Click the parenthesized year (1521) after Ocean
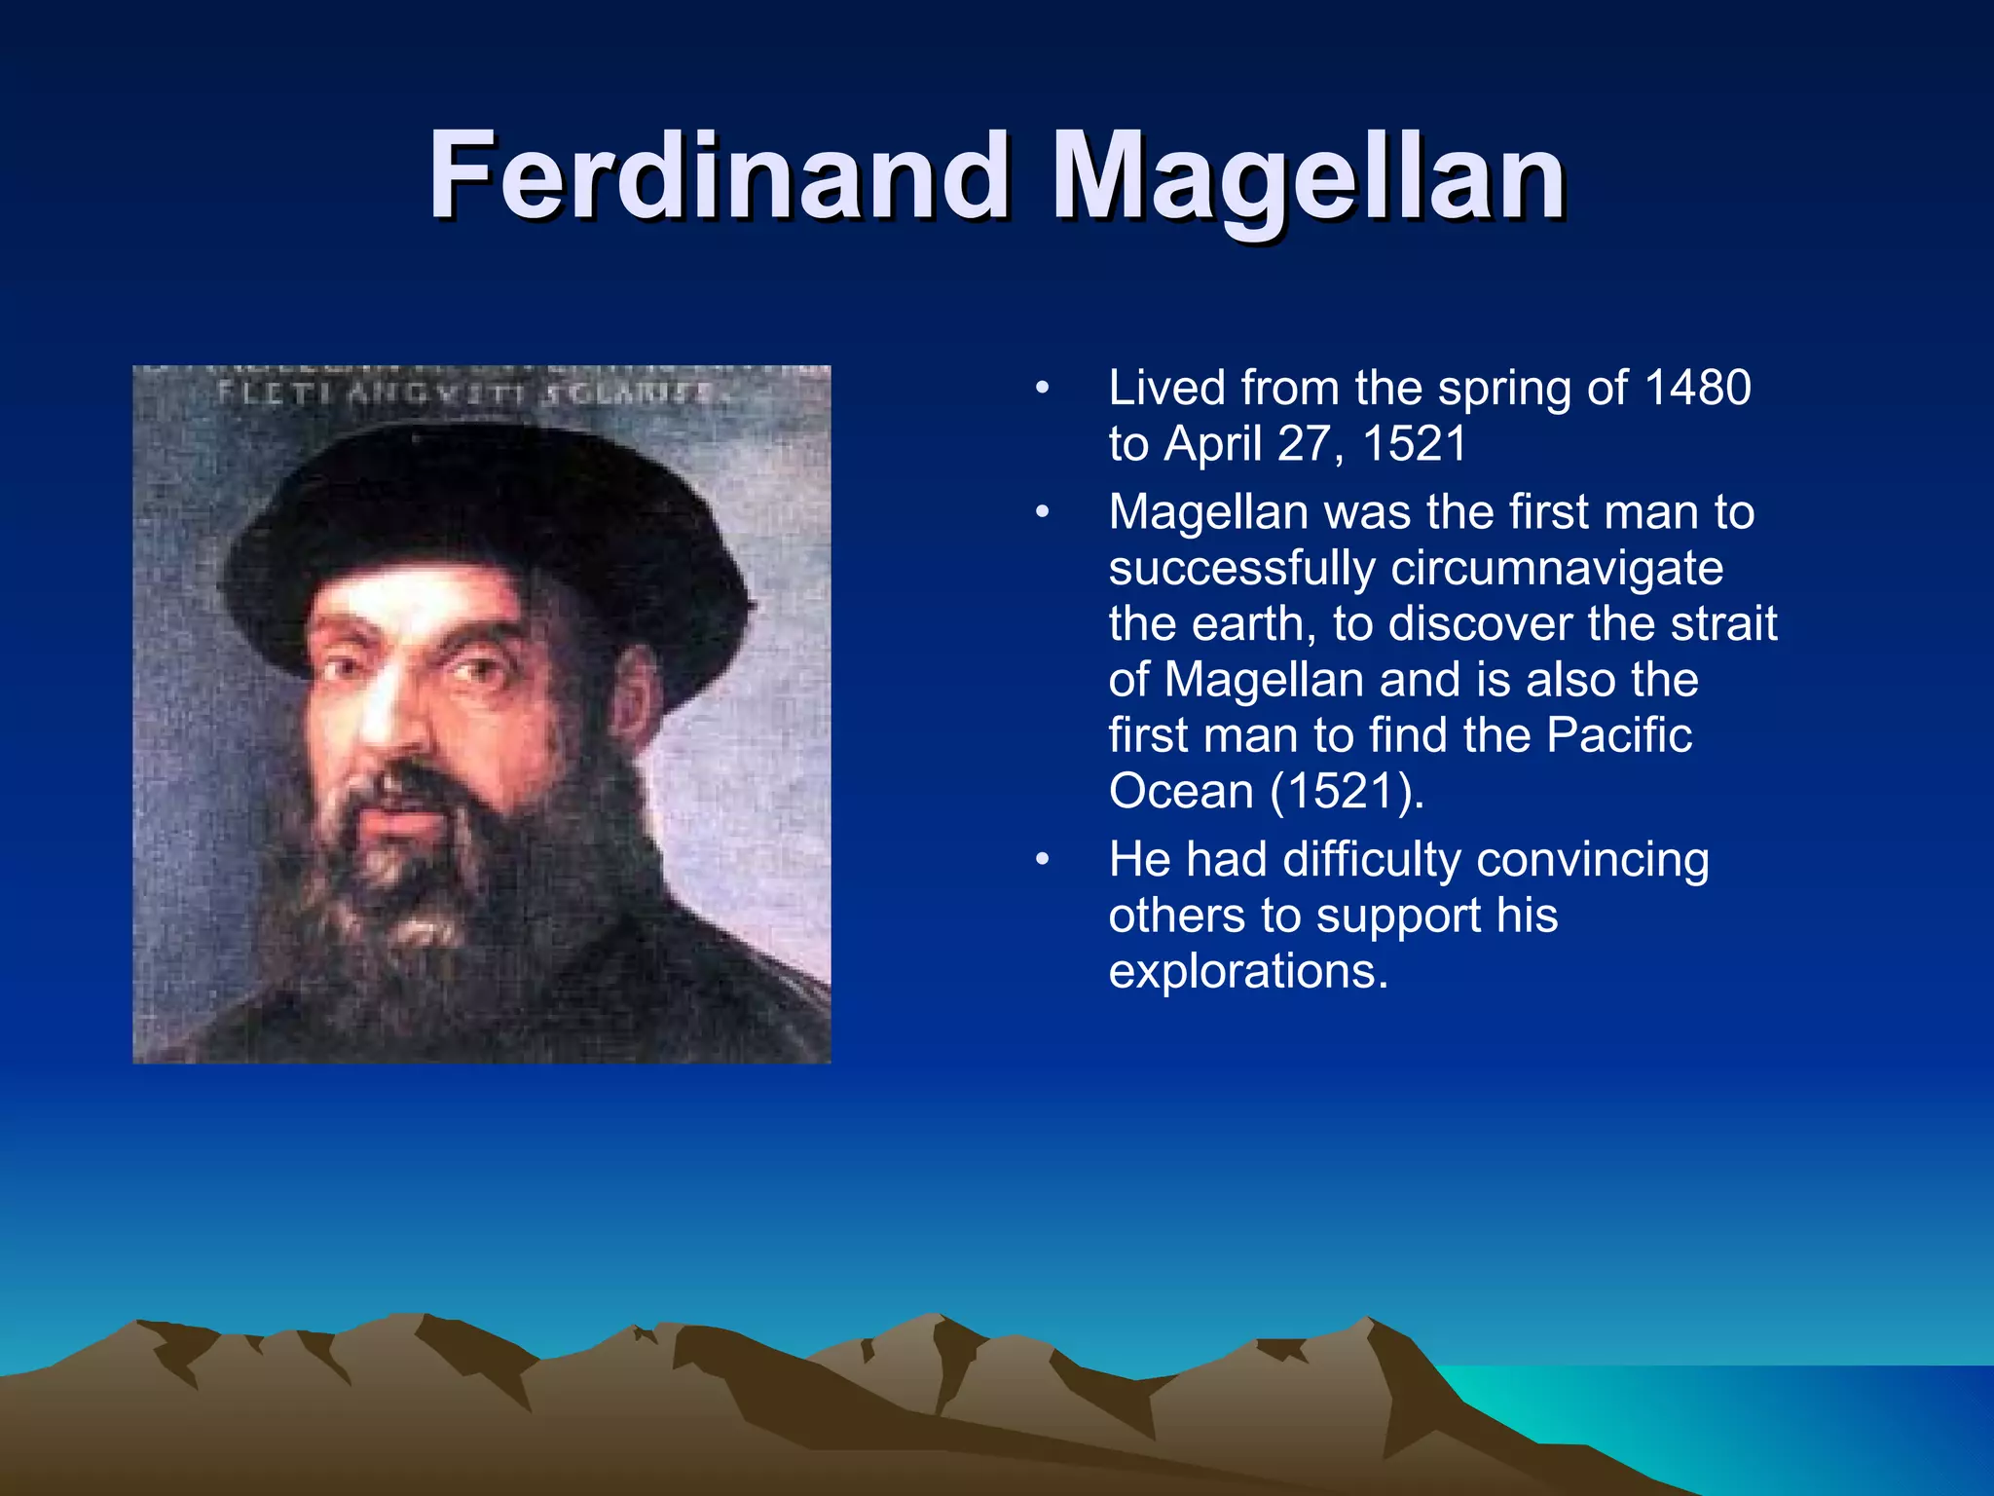click(1347, 791)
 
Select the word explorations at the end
click(1247, 971)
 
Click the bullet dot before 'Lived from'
click(1042, 389)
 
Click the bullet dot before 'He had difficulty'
click(1042, 860)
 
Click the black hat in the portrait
click(477, 516)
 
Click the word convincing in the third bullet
click(1592, 861)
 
